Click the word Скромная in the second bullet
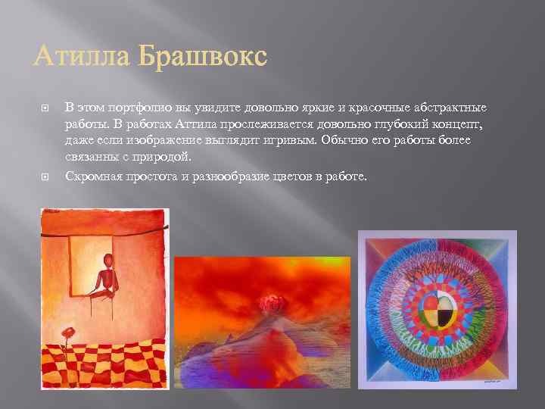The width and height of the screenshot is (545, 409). [x=92, y=176]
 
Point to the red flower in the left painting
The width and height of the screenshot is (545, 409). [x=69, y=333]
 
